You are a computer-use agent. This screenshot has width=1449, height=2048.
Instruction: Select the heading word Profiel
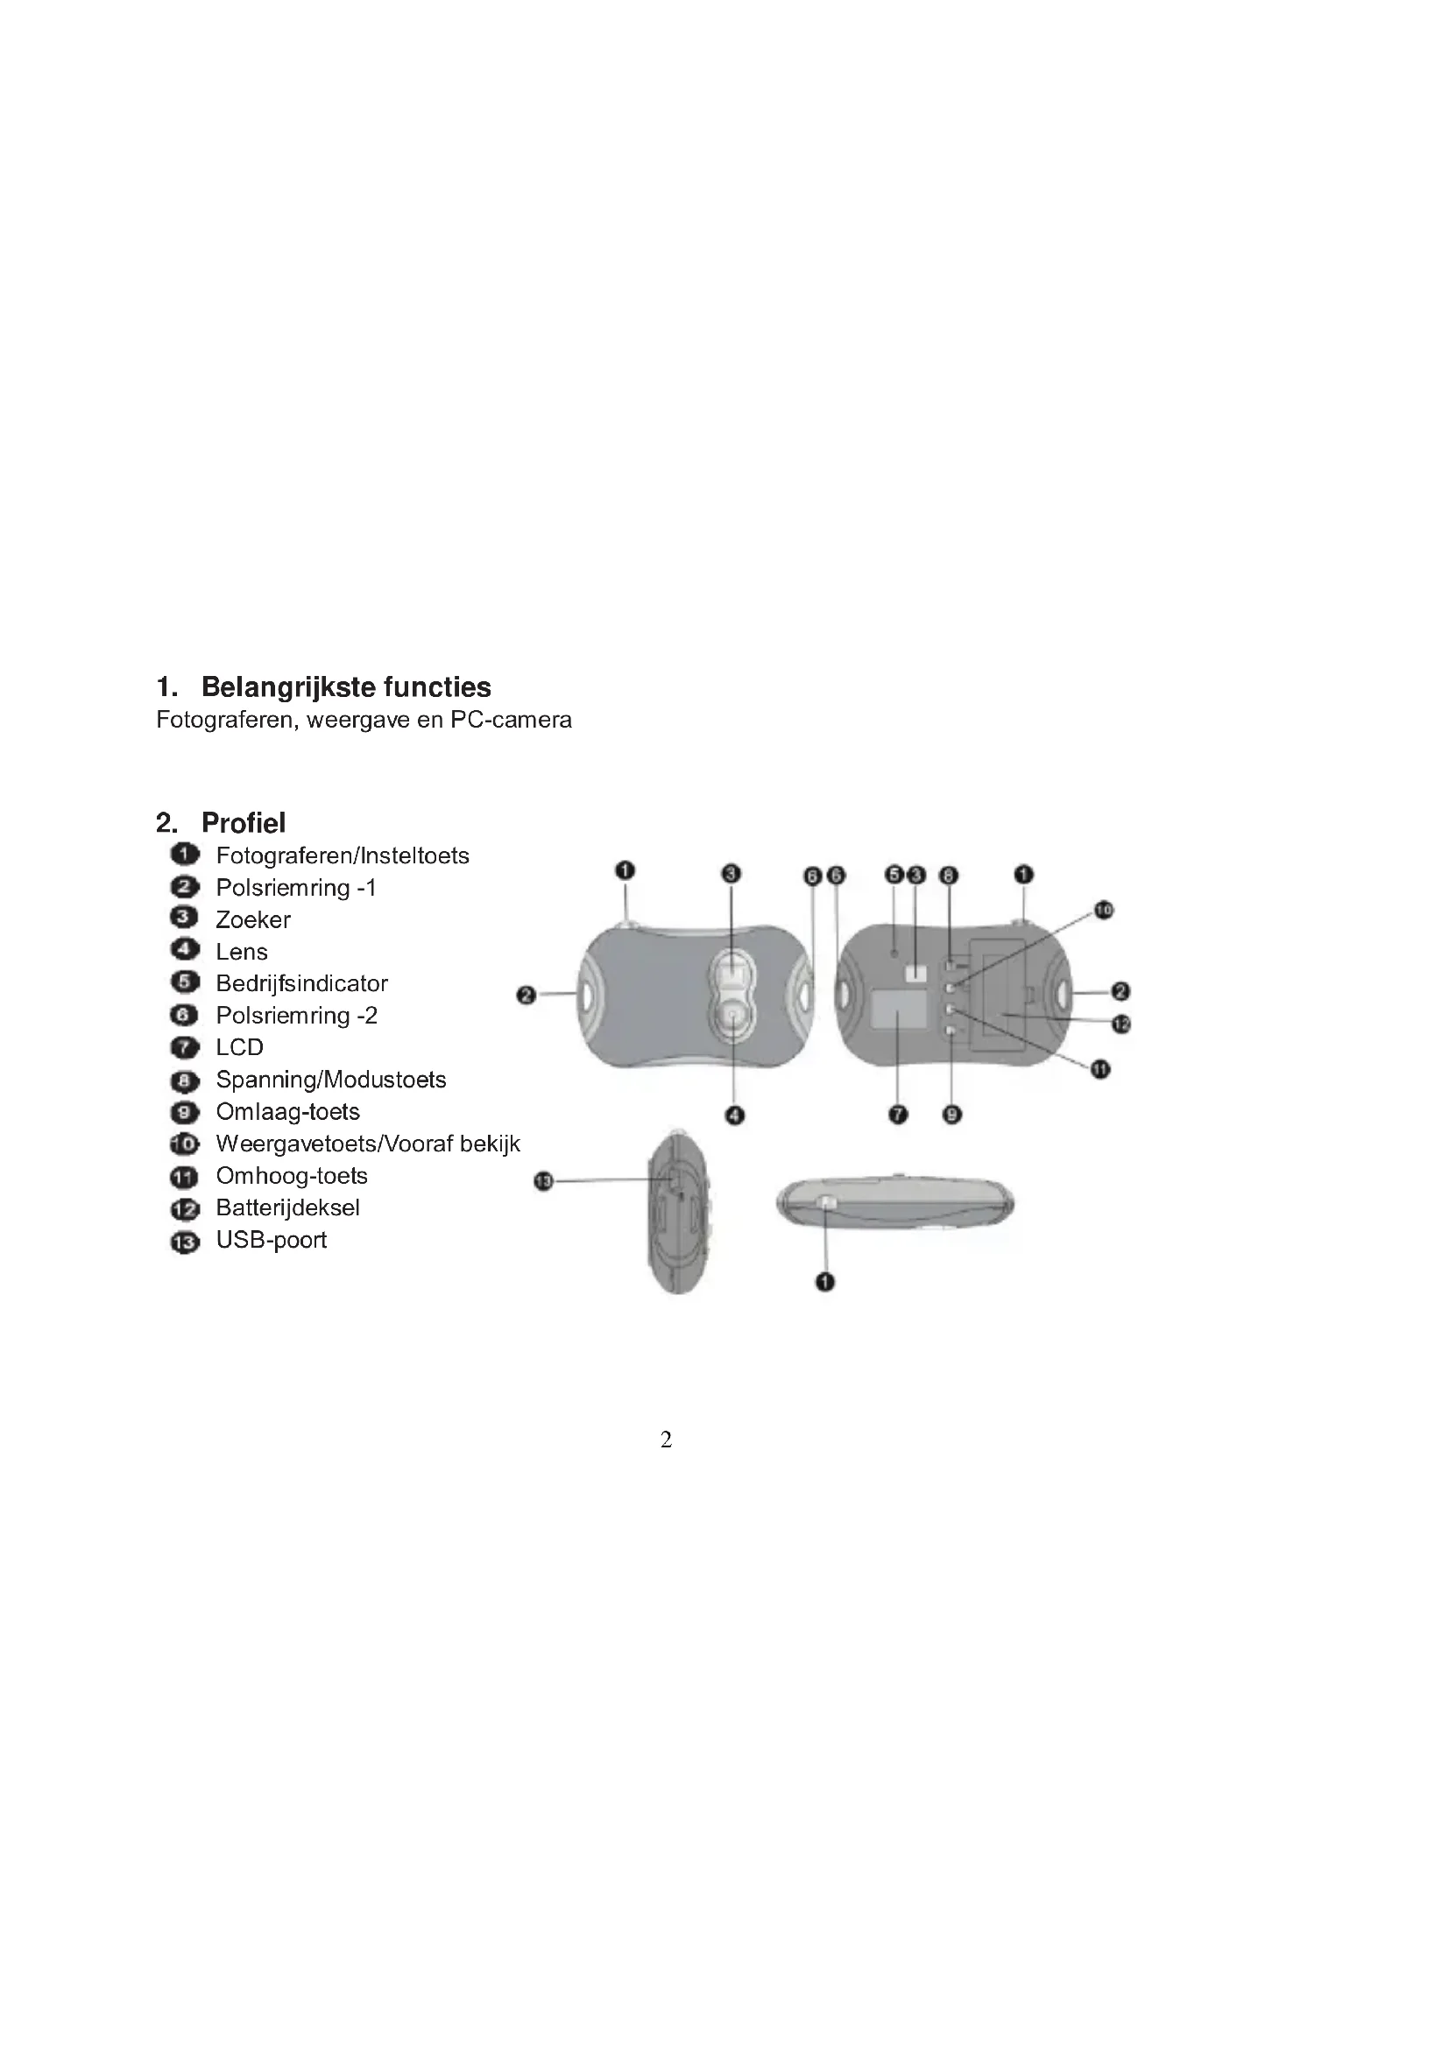pos(243,822)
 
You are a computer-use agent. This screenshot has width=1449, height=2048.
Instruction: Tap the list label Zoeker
pos(252,919)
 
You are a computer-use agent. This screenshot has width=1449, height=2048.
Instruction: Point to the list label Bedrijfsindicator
pos(301,983)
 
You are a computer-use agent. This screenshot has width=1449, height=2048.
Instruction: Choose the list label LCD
pos(239,1047)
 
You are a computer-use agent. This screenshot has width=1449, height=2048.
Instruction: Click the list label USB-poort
pos(272,1240)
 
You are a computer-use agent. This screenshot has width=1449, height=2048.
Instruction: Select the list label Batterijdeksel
pos(287,1207)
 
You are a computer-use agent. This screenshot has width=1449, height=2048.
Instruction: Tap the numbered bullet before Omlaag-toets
pos(184,1112)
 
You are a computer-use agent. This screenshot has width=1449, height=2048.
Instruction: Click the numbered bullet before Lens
pos(184,951)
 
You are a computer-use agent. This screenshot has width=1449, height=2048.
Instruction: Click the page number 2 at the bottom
pos(666,1439)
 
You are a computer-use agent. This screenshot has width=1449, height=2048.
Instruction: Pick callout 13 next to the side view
pos(543,1182)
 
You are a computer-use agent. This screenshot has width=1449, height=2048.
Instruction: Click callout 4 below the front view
pos(734,1115)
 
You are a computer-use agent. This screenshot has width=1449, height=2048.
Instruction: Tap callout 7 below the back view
pos(899,1114)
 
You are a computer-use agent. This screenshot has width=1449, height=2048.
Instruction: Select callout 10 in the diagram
pos(1104,910)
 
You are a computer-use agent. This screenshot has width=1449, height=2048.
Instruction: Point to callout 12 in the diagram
pos(1120,1024)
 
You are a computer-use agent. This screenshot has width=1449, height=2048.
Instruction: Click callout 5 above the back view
pos(894,875)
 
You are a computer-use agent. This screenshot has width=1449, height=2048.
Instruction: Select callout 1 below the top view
pos(825,1282)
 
